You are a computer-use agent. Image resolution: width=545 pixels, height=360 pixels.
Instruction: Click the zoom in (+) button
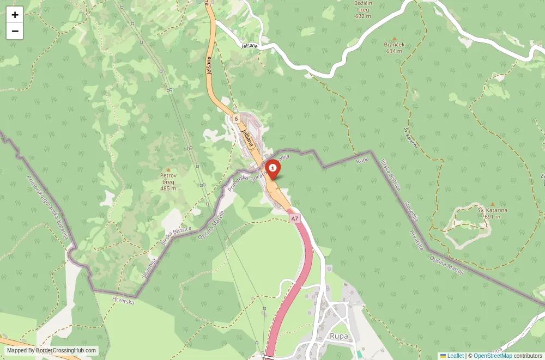(x=15, y=15)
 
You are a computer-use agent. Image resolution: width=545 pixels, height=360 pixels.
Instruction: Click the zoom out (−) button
(x=15, y=31)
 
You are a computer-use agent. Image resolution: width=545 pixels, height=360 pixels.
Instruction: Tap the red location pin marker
(x=272, y=168)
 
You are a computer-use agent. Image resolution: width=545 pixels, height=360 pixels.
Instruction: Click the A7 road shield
(x=294, y=218)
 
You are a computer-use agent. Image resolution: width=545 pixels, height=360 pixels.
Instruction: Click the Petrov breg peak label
(x=168, y=182)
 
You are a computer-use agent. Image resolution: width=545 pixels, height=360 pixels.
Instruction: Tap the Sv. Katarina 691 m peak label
(x=492, y=213)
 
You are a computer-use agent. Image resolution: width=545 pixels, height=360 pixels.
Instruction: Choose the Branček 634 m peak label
(x=394, y=47)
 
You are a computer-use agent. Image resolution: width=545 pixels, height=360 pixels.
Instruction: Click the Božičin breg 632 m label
(x=362, y=9)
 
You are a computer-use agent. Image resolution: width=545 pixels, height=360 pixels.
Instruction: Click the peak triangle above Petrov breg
(x=168, y=170)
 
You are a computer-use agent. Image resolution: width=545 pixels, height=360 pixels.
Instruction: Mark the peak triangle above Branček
(x=394, y=39)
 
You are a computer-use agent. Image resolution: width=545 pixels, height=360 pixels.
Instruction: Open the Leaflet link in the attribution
(x=455, y=356)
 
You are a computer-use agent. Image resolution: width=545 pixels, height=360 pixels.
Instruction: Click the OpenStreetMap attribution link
(x=493, y=356)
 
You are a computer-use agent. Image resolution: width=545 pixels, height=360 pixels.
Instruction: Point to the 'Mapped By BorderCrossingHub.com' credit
(x=52, y=351)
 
